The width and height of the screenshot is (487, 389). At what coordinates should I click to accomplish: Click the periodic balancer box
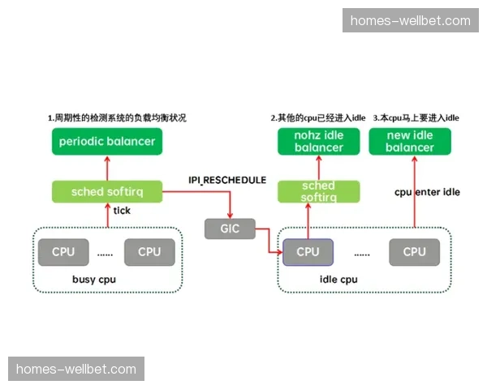(x=106, y=141)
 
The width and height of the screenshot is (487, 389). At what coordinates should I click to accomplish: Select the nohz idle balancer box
(x=318, y=141)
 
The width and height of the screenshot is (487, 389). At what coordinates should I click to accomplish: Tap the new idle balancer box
(x=409, y=141)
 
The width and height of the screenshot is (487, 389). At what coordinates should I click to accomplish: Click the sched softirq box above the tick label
(x=106, y=192)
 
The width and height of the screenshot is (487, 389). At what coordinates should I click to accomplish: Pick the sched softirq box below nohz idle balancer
(x=308, y=191)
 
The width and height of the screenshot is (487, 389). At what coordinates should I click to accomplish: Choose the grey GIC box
(x=230, y=229)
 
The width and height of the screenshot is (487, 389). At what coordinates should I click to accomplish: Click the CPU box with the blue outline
(x=308, y=252)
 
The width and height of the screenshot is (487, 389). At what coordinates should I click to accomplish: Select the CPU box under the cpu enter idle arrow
(x=414, y=252)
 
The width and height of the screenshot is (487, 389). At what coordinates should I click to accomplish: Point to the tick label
(x=122, y=211)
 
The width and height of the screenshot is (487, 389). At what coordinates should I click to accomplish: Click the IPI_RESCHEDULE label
(x=227, y=180)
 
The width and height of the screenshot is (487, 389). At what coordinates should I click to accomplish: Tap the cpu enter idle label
(x=427, y=192)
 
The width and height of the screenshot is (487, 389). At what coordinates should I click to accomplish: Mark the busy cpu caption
(x=95, y=280)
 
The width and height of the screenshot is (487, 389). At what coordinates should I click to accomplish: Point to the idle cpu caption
(x=338, y=280)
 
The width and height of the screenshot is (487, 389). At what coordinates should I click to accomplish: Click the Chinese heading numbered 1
(x=117, y=118)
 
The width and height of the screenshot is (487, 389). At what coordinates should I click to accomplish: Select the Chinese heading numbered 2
(x=318, y=118)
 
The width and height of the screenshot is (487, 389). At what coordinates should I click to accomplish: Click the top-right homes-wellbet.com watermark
(x=410, y=20)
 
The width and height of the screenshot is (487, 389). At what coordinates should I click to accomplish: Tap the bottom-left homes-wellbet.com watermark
(x=76, y=370)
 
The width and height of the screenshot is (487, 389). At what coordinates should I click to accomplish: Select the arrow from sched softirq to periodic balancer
(x=106, y=169)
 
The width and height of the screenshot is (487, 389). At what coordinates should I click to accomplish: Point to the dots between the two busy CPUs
(x=106, y=253)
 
